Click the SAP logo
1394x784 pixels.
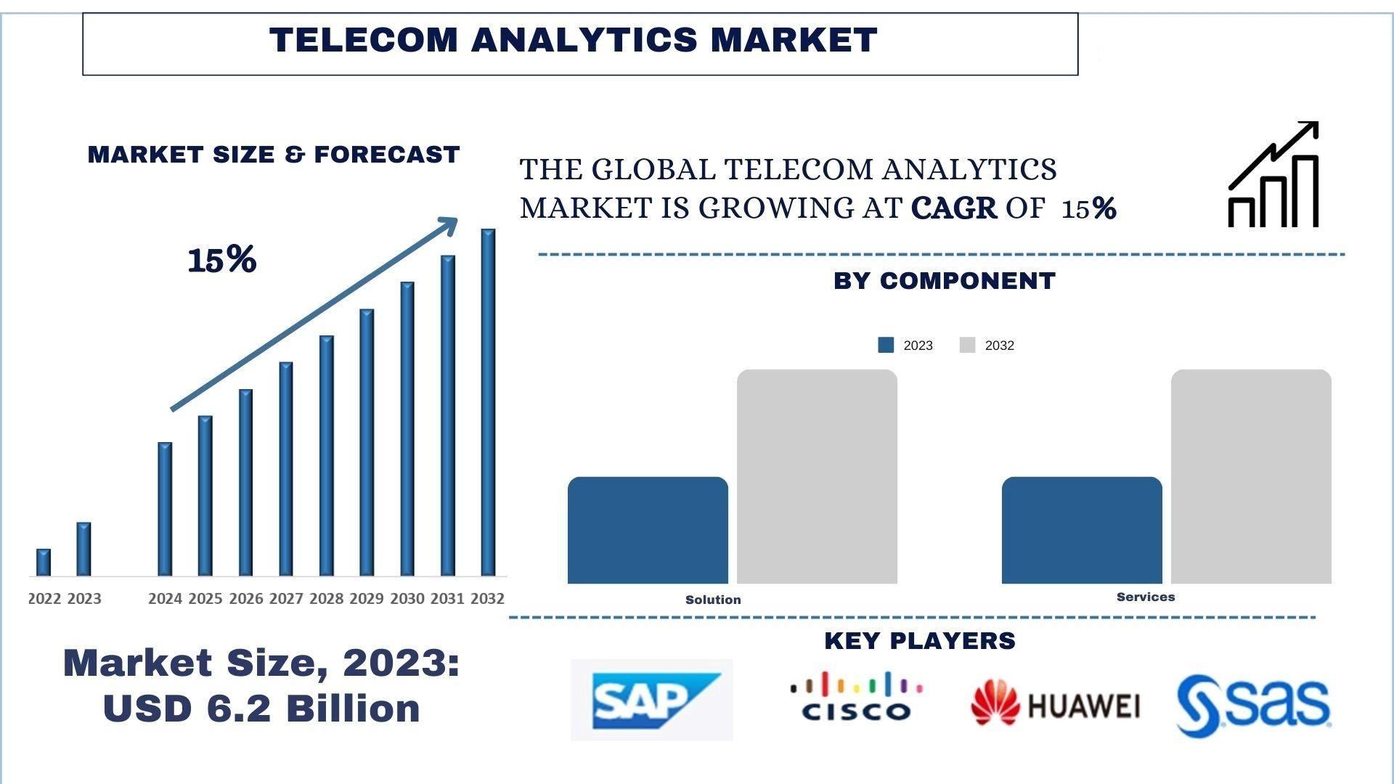click(651, 700)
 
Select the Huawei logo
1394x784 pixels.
click(1055, 703)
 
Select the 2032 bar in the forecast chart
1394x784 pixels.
click(488, 403)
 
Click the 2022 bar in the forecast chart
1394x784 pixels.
click(44, 563)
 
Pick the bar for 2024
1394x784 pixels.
click(165, 509)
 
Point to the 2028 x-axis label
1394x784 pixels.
click(326, 599)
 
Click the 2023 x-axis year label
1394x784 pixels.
click(84, 599)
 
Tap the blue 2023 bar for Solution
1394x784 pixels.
click(648, 530)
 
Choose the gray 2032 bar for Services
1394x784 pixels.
click(1251, 476)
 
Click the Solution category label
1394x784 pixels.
click(713, 600)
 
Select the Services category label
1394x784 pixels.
click(1146, 597)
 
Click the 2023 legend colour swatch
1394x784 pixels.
click(886, 346)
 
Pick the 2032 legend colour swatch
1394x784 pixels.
click(967, 346)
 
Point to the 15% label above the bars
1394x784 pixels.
click(221, 260)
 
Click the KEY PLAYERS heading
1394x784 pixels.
click(919, 640)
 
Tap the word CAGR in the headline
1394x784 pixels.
click(953, 208)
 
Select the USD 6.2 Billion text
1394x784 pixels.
click(261, 709)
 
